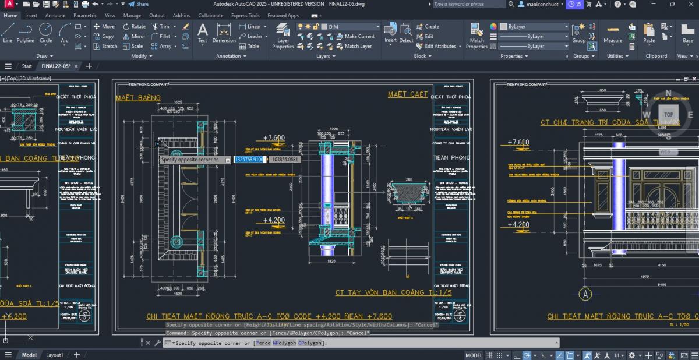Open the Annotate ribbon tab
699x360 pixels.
pos(55,16)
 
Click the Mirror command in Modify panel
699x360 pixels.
pos(135,36)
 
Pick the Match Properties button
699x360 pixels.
pos(476,36)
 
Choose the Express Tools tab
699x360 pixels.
pos(246,16)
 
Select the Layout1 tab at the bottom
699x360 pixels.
pos(54,355)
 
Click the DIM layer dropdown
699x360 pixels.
pos(349,27)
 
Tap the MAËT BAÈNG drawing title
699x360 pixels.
pos(138,98)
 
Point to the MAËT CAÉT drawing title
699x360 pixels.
pos(408,94)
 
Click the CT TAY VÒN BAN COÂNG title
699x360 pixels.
pos(393,292)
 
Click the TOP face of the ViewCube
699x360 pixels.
pos(668,115)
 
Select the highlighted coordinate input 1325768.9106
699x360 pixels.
pos(249,160)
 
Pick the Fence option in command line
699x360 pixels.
pos(263,343)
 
